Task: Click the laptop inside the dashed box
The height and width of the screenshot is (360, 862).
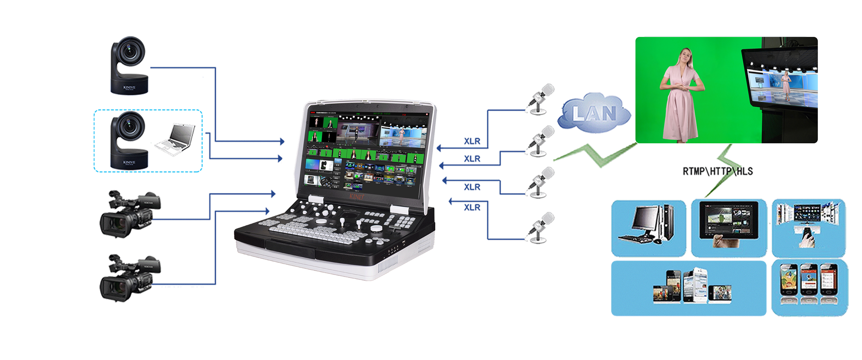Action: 176,139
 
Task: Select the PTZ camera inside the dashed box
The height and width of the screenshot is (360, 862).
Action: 129,140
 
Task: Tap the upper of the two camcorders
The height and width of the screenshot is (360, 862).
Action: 130,214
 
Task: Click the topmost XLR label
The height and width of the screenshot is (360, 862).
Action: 472,141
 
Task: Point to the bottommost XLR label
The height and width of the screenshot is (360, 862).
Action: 472,207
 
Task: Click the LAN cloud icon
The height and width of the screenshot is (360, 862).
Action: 594,113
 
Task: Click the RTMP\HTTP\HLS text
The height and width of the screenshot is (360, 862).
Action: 717,171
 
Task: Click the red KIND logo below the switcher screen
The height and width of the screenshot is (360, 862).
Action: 356,196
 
